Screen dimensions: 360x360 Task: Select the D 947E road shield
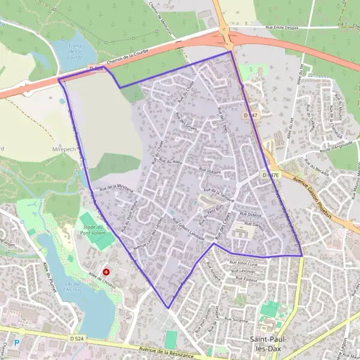(x=271, y=175)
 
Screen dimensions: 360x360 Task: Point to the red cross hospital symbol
(x=107, y=272)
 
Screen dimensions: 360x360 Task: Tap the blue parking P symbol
(x=17, y=343)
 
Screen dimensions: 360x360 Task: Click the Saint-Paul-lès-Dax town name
(x=267, y=343)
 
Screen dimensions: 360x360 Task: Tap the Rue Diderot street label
(x=251, y=214)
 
